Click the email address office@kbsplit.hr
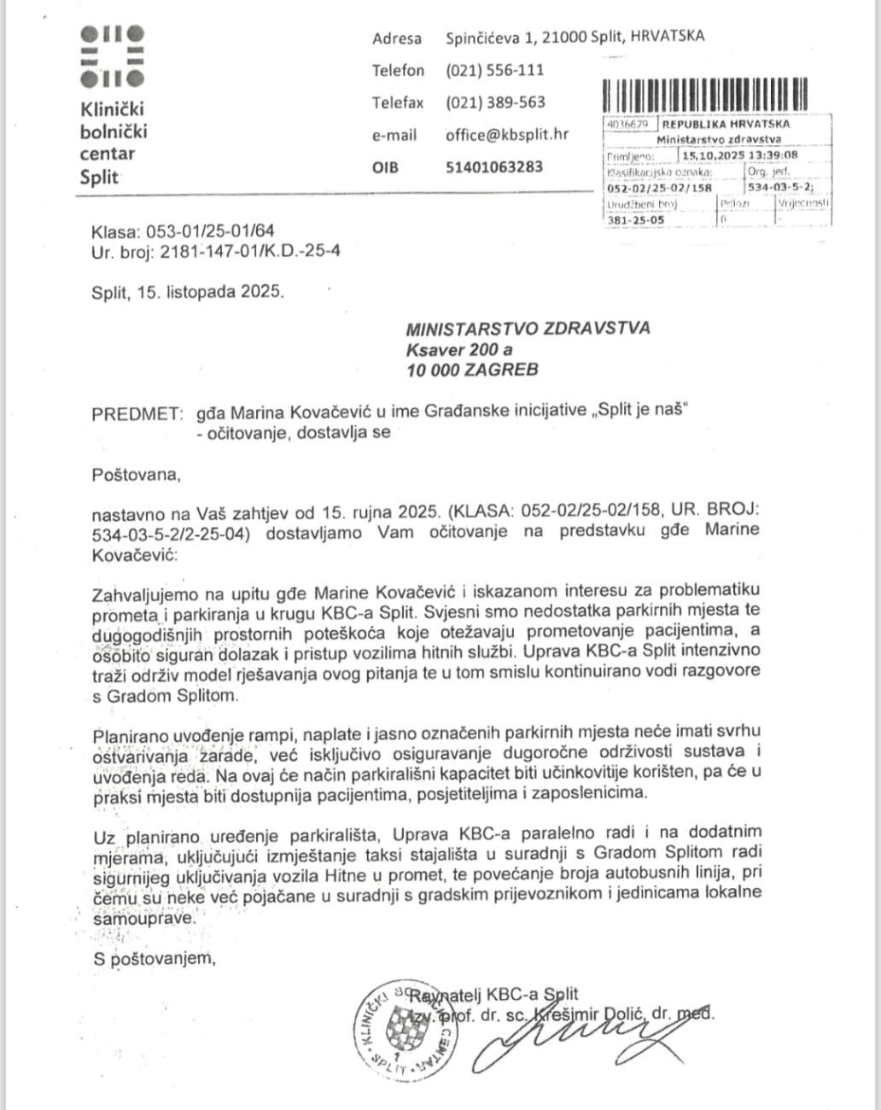pyautogui.click(x=506, y=135)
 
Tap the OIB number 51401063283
pyautogui.click(x=493, y=166)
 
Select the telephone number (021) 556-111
pyautogui.click(x=494, y=70)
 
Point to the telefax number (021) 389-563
pyautogui.click(x=495, y=102)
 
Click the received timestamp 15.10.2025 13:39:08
pyautogui.click(x=739, y=155)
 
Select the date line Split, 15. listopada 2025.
pyautogui.click(x=187, y=291)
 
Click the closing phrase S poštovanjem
pyautogui.click(x=154, y=959)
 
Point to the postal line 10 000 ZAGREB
pyautogui.click(x=472, y=370)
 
